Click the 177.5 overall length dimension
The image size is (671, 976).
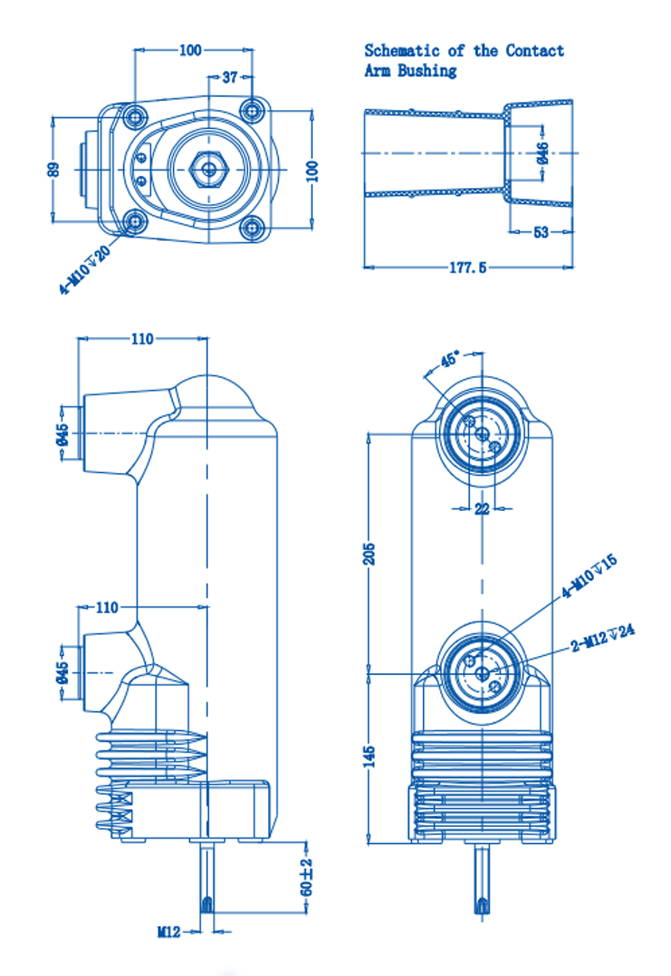click(x=468, y=267)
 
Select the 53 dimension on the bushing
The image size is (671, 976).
click(x=540, y=232)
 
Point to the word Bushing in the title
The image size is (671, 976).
click(x=427, y=71)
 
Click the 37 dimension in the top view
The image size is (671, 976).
click(x=230, y=77)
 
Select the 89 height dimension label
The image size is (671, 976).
click(x=54, y=169)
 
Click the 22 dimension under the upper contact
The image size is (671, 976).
click(x=482, y=508)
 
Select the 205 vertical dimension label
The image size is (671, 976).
click(x=370, y=553)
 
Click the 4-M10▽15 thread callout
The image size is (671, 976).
click(x=589, y=576)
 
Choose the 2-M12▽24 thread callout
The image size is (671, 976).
click(x=603, y=637)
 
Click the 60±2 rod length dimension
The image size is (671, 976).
click(x=307, y=877)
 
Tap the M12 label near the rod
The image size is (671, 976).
click(x=169, y=931)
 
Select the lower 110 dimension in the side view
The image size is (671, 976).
click(x=107, y=608)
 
